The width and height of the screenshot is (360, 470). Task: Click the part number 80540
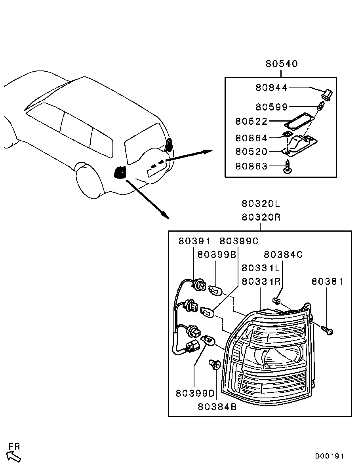[x=282, y=63]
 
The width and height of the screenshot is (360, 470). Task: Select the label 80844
[x=272, y=87]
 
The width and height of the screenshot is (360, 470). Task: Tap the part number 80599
[x=272, y=107]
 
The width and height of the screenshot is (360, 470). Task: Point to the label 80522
[x=251, y=121]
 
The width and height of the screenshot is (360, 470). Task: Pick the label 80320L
[x=261, y=204]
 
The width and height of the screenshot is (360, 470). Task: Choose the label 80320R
[x=261, y=217]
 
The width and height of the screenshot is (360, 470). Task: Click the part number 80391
[x=194, y=241]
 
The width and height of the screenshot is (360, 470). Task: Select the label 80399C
[x=239, y=241]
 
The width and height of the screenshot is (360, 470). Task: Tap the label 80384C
[x=283, y=254]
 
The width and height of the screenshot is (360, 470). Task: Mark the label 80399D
[x=195, y=393]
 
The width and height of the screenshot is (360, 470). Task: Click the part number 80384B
[x=217, y=407]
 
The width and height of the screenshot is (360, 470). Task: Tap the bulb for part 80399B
[x=215, y=290]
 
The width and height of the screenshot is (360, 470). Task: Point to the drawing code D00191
[x=330, y=456]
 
